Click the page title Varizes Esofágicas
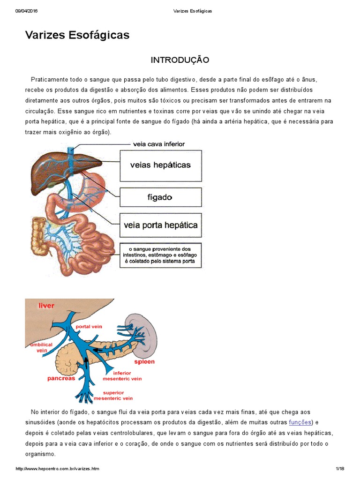(x=77, y=35)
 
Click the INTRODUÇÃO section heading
(x=180, y=60)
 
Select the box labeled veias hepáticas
(x=160, y=165)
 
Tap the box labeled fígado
(x=160, y=197)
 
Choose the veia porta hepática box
(x=160, y=225)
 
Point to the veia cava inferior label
(x=159, y=144)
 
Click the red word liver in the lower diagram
(x=46, y=306)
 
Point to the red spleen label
(x=144, y=362)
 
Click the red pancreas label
(x=61, y=378)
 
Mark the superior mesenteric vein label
(x=114, y=395)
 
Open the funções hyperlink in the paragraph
(x=300, y=422)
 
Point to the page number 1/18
(x=340, y=469)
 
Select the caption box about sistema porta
(x=160, y=255)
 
